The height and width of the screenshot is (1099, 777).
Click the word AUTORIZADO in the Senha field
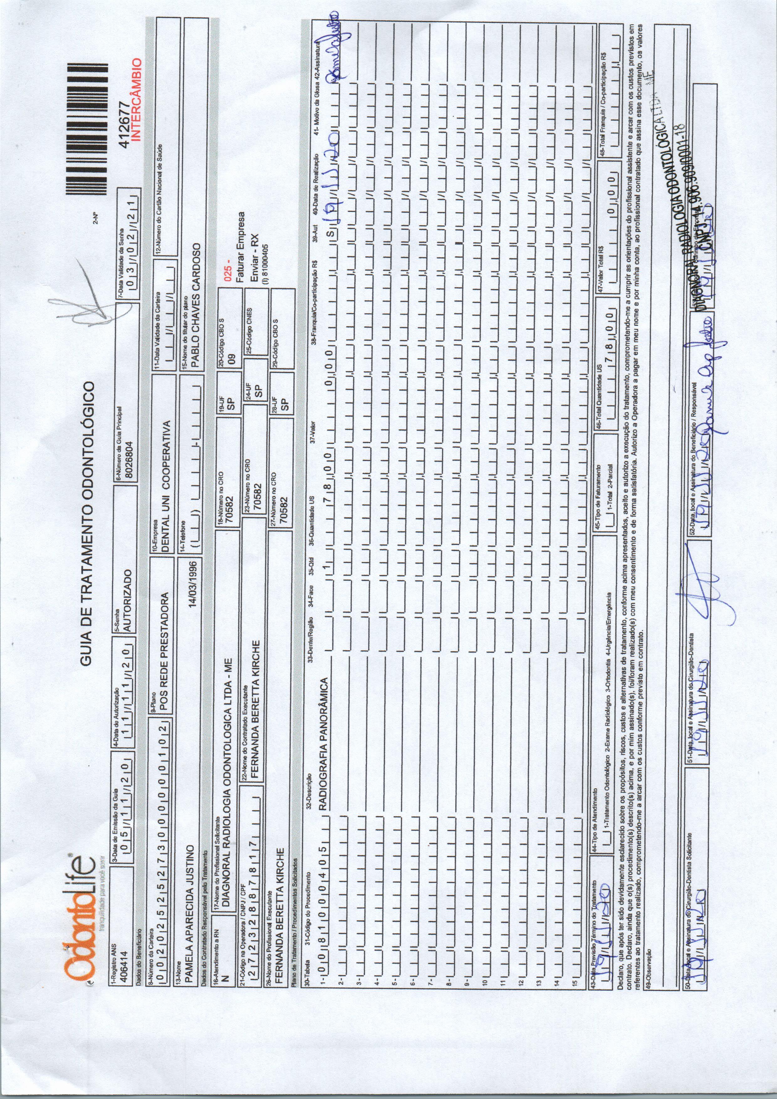point(128,601)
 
